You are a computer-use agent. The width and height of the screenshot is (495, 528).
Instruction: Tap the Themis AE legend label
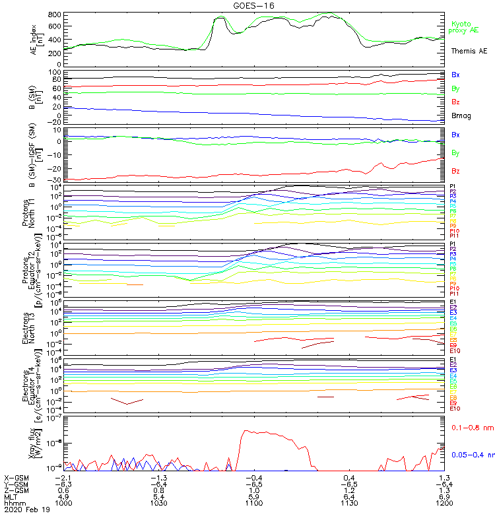click(x=469, y=51)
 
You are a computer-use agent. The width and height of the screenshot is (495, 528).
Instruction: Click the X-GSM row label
click(x=17, y=477)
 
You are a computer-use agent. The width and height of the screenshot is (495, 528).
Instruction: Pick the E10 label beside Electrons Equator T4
click(x=455, y=409)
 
